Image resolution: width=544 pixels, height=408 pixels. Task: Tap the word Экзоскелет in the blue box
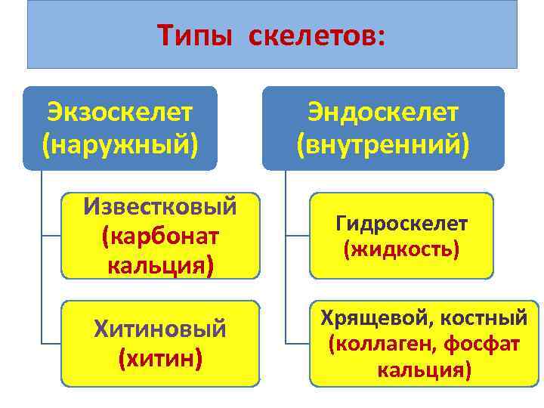pyautogui.click(x=119, y=113)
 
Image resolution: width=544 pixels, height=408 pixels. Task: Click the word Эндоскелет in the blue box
pyautogui.click(x=382, y=113)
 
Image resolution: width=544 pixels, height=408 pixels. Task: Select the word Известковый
pyautogui.click(x=161, y=206)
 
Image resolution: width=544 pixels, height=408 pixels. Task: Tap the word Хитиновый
pyautogui.click(x=160, y=328)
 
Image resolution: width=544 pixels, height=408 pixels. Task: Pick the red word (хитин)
pyautogui.click(x=160, y=357)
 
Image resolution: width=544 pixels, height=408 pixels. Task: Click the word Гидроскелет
pyautogui.click(x=402, y=224)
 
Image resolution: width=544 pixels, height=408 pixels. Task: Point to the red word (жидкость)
pyautogui.click(x=402, y=248)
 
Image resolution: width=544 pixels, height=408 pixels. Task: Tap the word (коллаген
pyautogui.click(x=373, y=344)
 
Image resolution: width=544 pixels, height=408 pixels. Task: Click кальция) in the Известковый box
pyautogui.click(x=161, y=265)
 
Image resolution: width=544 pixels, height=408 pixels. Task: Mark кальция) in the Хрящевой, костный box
pyautogui.click(x=424, y=370)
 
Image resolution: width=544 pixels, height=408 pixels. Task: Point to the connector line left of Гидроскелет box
pyautogui.click(x=298, y=236)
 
